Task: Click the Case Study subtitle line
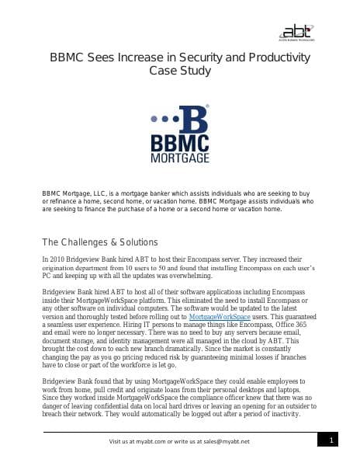(x=179, y=71)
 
